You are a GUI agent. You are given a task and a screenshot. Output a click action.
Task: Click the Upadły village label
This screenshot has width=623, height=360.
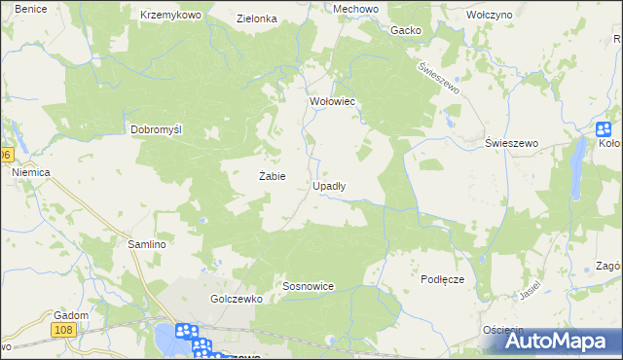point(329,185)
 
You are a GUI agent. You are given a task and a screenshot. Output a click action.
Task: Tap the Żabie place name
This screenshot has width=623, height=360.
point(272,176)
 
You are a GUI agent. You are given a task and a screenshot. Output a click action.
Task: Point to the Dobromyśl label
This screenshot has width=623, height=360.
point(158,129)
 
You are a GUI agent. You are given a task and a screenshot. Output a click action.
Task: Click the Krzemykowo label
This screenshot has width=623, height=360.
point(170,16)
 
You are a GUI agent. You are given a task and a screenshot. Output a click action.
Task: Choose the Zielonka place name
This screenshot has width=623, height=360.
point(258,18)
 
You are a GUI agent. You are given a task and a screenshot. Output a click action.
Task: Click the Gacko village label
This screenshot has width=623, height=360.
point(406,30)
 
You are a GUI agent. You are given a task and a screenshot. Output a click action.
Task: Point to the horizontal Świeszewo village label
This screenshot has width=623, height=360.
point(512,143)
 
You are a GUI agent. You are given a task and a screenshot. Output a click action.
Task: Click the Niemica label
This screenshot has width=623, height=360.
point(30,172)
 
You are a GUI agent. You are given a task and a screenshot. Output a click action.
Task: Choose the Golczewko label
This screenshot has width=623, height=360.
point(237,300)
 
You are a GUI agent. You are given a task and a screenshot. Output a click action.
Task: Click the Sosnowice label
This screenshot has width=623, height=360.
point(309,287)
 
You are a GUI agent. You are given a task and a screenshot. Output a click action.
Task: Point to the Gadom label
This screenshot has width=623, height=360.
point(72,315)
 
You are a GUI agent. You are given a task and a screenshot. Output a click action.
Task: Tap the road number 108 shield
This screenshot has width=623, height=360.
point(64,332)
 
